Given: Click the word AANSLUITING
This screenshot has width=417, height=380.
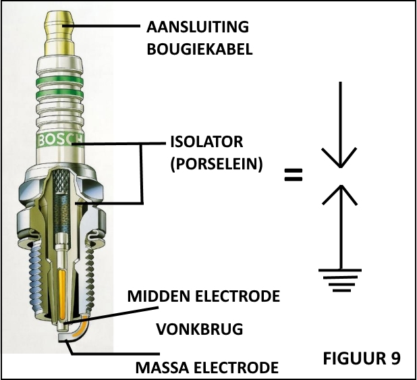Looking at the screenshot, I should [x=198, y=28].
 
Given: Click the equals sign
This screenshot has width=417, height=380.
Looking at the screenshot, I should [x=293, y=176].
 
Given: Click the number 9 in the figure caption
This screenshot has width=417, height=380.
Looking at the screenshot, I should [x=393, y=357].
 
